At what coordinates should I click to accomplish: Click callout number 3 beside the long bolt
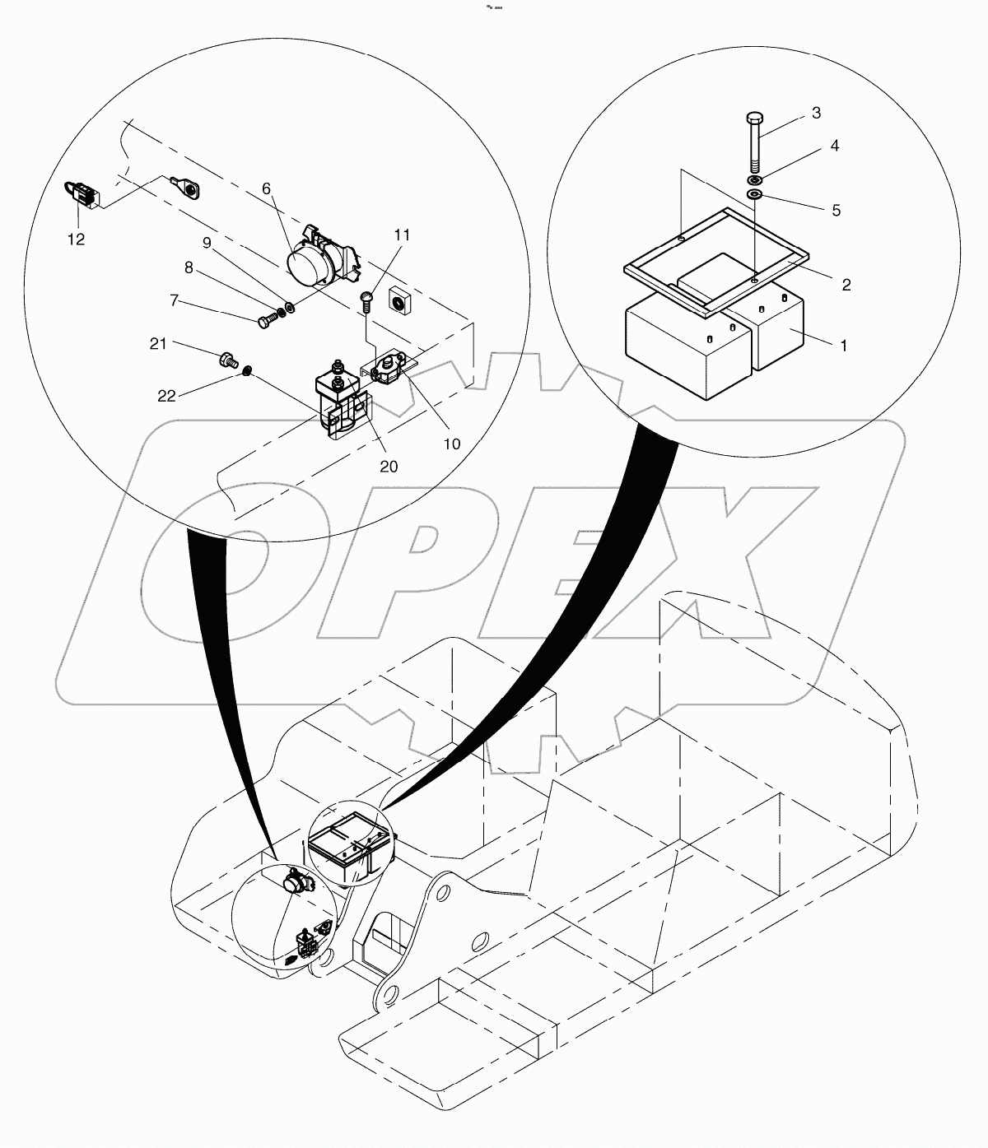tap(816, 114)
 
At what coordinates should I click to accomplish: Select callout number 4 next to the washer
tap(834, 146)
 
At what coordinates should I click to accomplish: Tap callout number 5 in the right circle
tap(836, 211)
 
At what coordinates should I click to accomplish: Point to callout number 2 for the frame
tap(846, 285)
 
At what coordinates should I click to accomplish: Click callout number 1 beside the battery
tap(841, 346)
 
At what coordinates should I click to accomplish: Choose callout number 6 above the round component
tap(266, 189)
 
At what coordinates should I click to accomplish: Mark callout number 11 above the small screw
tap(401, 235)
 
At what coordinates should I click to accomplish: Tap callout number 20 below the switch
tap(388, 467)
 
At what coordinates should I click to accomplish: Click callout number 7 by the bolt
tap(174, 301)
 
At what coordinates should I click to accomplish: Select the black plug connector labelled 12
tap(80, 196)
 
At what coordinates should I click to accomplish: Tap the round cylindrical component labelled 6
tap(306, 267)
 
